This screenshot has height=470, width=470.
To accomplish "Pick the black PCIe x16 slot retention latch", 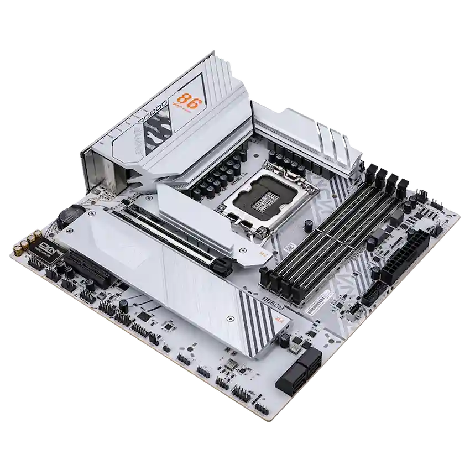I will click(x=221, y=267).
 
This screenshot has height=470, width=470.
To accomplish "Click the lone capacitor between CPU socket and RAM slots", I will click(x=307, y=224).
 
